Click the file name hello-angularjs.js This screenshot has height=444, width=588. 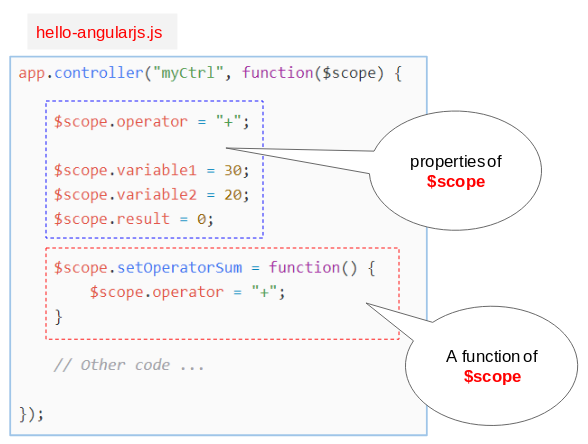click(99, 33)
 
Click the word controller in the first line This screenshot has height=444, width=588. click(99, 72)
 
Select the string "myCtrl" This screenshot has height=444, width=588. click(188, 73)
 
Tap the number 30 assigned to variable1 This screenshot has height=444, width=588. click(233, 170)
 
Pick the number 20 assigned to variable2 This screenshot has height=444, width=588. click(233, 195)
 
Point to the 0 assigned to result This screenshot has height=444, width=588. click(202, 219)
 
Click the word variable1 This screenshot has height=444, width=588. click(157, 170)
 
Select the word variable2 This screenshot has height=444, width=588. click(157, 195)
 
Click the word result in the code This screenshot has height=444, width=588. click(143, 219)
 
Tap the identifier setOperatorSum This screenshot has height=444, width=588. click(180, 267)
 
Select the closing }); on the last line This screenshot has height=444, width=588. click(31, 414)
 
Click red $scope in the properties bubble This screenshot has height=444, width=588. click(456, 182)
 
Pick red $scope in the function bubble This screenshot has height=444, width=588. click(492, 376)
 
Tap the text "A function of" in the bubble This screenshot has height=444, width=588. click(492, 356)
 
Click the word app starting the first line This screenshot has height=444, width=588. click(32, 73)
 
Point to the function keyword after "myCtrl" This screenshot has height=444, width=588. click(278, 72)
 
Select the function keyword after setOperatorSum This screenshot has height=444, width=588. click(304, 267)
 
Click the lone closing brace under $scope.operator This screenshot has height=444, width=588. click(58, 317)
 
